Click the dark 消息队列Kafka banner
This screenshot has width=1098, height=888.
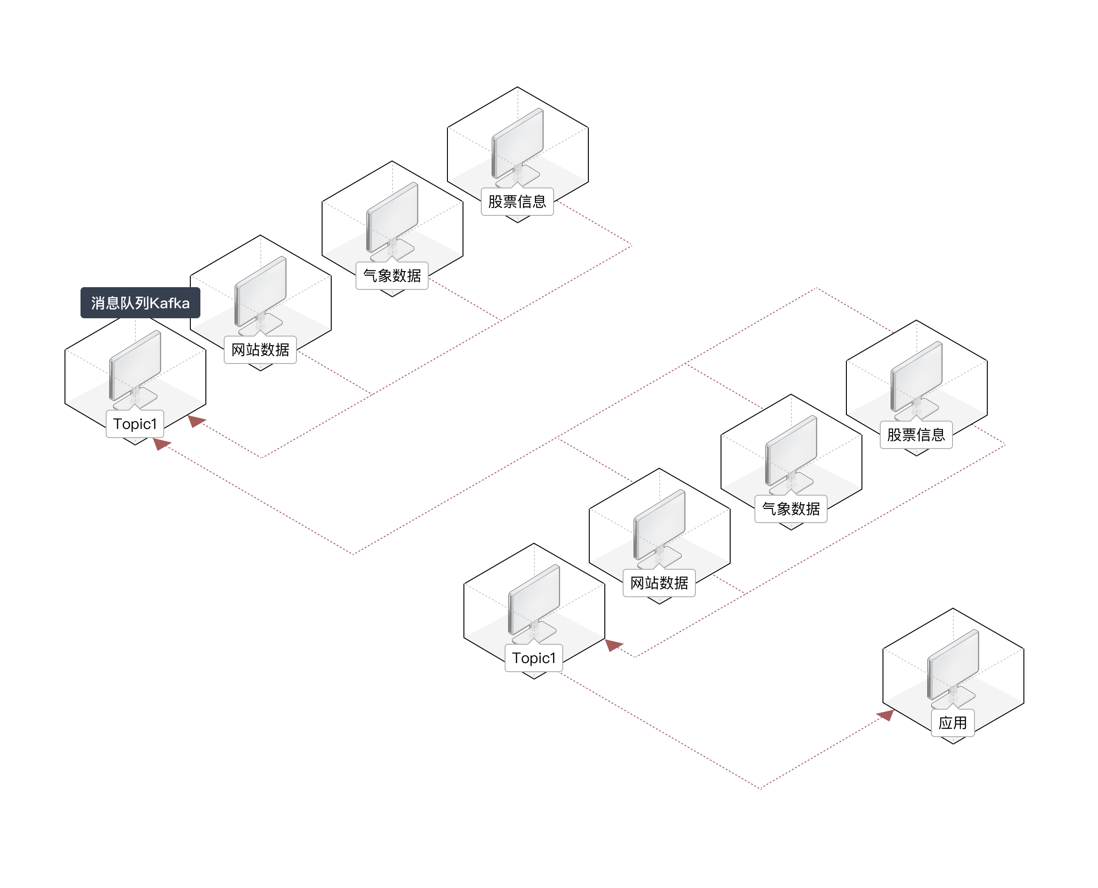[140, 303]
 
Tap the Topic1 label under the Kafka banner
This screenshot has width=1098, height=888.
[135, 424]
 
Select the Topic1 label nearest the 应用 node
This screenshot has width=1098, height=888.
[533, 658]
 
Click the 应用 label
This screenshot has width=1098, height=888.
[953, 723]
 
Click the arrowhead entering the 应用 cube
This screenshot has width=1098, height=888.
[886, 715]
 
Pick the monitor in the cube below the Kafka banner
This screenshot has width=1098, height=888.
[135, 366]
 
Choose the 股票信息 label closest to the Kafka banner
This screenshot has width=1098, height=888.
[517, 202]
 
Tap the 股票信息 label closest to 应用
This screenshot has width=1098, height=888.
[916, 435]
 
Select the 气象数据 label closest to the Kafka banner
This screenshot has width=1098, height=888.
[392, 276]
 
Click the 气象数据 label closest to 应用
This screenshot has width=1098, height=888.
[791, 509]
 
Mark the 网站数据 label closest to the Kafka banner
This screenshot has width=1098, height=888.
[260, 350]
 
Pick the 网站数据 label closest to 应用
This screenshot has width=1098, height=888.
[659, 583]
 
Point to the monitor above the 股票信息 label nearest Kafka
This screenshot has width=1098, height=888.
[518, 144]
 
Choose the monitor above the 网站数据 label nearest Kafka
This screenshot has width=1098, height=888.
[260, 292]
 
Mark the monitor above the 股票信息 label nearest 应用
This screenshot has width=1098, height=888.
[917, 377]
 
